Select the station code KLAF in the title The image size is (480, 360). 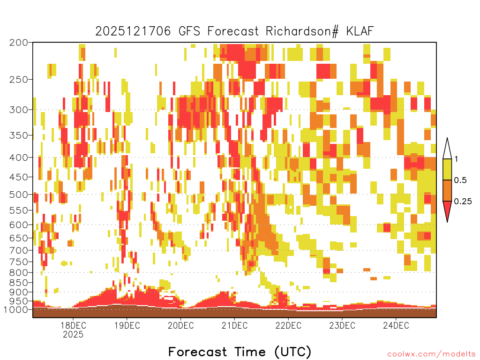pyautogui.click(x=360, y=31)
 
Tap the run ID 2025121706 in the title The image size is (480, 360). pyautogui.click(x=133, y=31)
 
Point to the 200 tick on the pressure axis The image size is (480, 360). pyautogui.click(x=19, y=43)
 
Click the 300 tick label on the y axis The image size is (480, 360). pyautogui.click(x=19, y=110)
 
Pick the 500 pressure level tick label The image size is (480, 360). pyautogui.click(x=19, y=195)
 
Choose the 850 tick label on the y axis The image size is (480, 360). pyautogui.click(x=19, y=283)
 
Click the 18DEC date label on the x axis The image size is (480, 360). pyautogui.click(x=73, y=325)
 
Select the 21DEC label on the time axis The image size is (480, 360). pyautogui.click(x=234, y=325)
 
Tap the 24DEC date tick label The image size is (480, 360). pyautogui.click(x=396, y=325)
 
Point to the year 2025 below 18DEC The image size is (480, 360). pyautogui.click(x=73, y=334)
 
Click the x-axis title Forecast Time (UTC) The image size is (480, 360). pyautogui.click(x=240, y=352)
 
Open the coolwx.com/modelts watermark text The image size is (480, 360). pyautogui.click(x=432, y=354)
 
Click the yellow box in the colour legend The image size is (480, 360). pyautogui.click(x=447, y=169)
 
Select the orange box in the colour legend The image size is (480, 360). pyautogui.click(x=447, y=190)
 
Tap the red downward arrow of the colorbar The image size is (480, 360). pyautogui.click(x=447, y=210)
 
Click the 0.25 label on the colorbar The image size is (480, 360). pyautogui.click(x=463, y=202)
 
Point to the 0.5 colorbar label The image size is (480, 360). pyautogui.click(x=460, y=180)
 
